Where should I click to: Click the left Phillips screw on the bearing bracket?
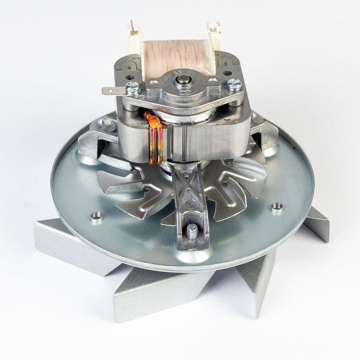click(133, 88)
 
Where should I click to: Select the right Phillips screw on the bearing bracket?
click(234, 84)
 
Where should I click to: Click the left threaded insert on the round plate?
click(96, 217)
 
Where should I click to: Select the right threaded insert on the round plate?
click(277, 208)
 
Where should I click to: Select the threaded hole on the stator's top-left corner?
click(130, 77)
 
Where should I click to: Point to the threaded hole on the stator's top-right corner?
click(227, 73)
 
